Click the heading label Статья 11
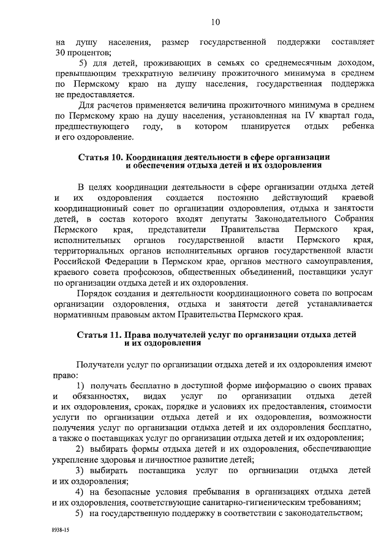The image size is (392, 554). pos(100,335)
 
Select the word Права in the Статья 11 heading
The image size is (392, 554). pos(138,335)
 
